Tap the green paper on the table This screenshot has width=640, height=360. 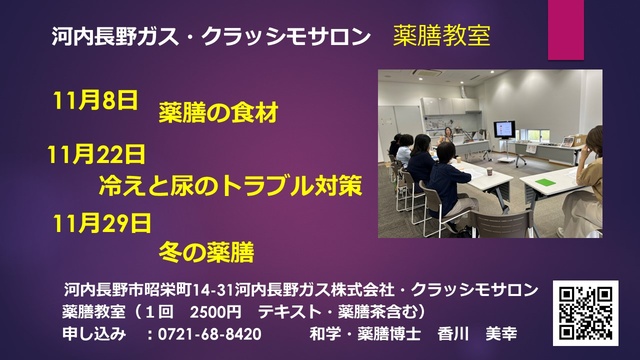pos(546,182)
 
